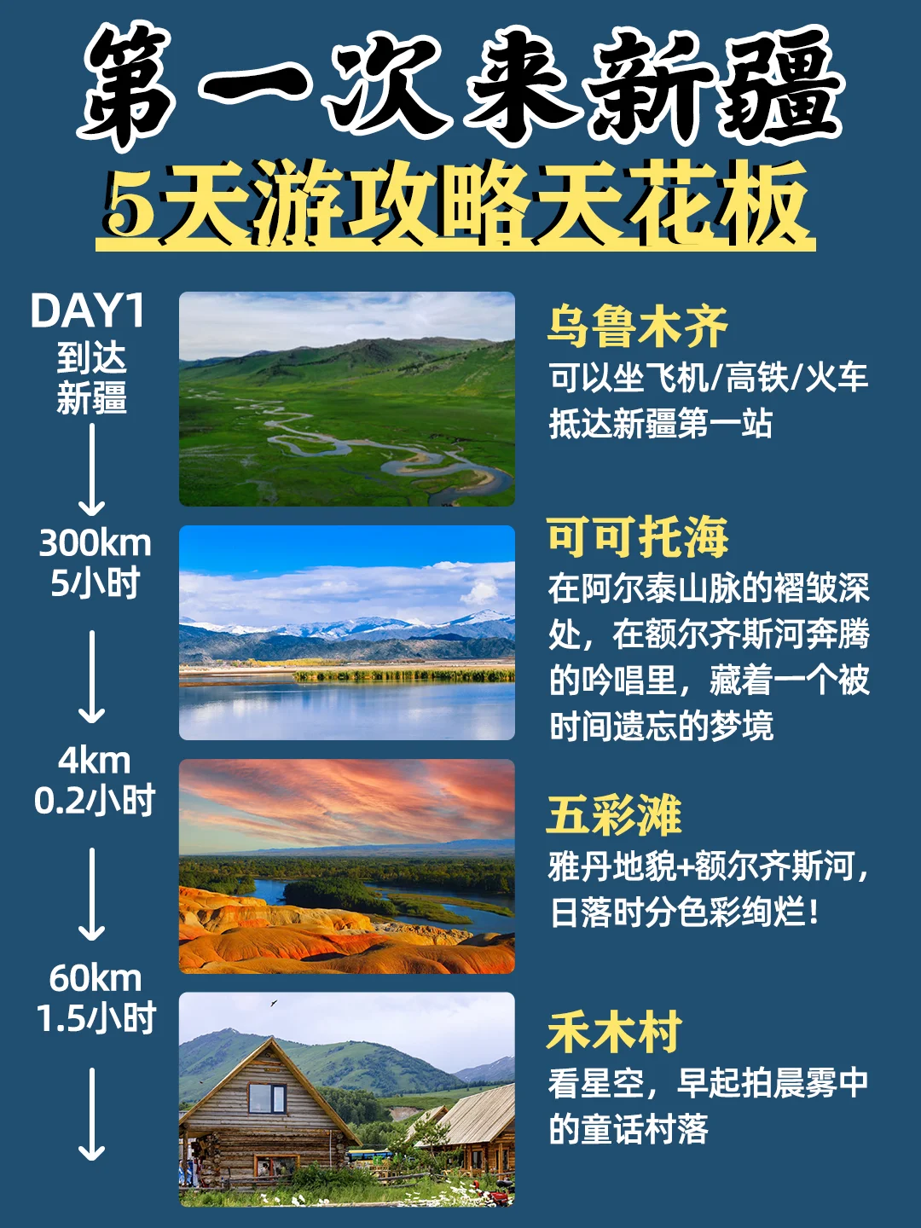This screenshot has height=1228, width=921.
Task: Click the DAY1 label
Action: tap(88, 311)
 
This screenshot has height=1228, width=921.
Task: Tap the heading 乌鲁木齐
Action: tap(637, 326)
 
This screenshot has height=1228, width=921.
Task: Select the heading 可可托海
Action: tap(637, 536)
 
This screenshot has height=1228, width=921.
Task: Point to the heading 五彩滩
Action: tap(614, 814)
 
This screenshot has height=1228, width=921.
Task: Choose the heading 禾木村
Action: tap(614, 1032)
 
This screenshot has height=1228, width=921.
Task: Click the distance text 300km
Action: tap(95, 543)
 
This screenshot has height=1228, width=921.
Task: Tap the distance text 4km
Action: tap(95, 760)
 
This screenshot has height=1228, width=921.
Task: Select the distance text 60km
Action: tap(95, 978)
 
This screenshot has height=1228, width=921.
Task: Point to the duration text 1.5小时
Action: tap(96, 1018)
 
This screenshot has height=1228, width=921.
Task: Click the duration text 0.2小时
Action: tap(95, 801)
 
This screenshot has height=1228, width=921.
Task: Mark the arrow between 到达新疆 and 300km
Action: tap(92, 469)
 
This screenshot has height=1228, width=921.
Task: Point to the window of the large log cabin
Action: tap(266, 1098)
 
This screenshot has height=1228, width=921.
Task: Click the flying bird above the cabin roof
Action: tap(274, 1003)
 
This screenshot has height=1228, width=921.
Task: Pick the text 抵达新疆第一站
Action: tap(661, 424)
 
